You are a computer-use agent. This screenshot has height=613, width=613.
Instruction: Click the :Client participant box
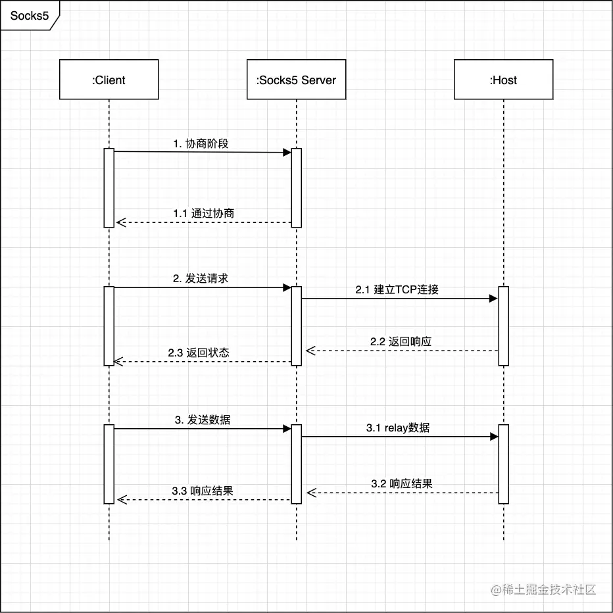(109, 80)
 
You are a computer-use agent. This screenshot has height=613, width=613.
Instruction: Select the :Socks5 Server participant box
(296, 80)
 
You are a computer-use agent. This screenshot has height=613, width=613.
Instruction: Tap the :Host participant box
(503, 80)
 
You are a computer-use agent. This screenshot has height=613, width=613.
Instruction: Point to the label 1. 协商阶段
(201, 143)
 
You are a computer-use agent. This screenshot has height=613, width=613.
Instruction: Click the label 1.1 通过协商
(204, 213)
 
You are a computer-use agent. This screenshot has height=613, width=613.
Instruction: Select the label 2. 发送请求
(201, 278)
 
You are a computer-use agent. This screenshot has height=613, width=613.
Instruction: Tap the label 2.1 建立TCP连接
(397, 289)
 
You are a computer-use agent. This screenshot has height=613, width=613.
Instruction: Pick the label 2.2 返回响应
(401, 341)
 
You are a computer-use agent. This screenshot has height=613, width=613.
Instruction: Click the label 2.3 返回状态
(199, 352)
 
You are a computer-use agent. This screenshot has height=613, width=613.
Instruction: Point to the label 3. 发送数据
(203, 419)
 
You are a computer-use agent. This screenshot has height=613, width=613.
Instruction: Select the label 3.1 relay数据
(398, 428)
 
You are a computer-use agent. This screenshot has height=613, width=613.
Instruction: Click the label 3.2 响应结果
(401, 483)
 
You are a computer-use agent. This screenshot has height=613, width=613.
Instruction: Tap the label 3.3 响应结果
(203, 491)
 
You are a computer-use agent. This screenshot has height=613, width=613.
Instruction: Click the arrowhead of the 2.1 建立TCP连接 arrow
(494, 299)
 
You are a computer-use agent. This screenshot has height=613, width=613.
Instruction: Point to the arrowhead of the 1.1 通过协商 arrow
(120, 222)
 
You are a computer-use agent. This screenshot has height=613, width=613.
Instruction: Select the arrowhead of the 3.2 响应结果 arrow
(310, 492)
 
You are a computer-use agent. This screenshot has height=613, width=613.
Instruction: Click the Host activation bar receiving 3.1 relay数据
(504, 464)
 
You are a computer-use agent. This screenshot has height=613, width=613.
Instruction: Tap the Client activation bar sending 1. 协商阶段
(109, 187)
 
